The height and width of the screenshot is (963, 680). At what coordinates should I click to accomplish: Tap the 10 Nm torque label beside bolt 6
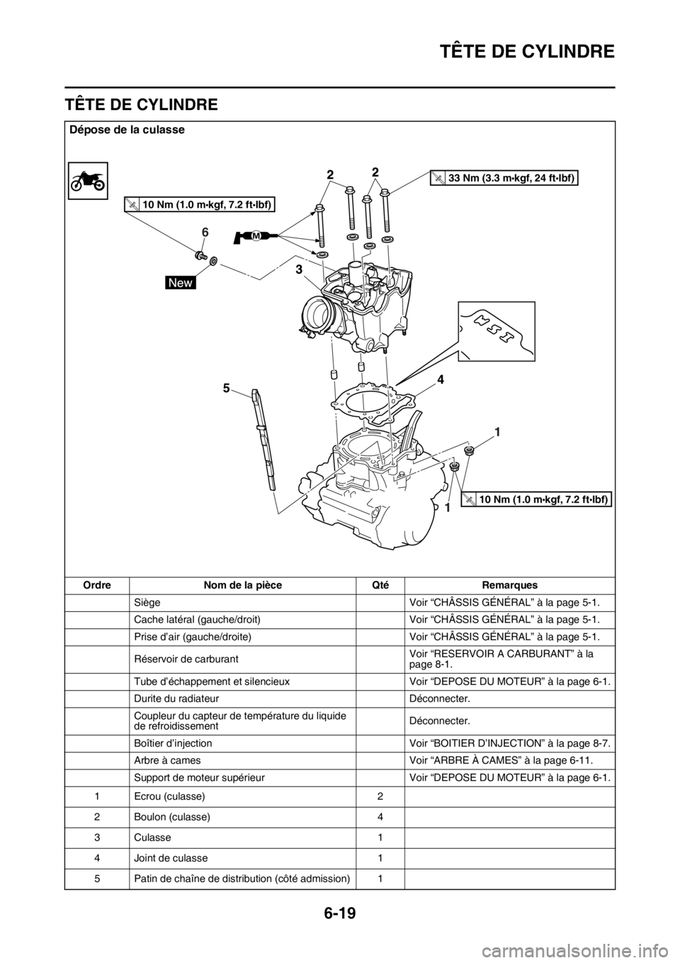coord(200,205)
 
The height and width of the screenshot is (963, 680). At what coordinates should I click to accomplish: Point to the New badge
coord(181,283)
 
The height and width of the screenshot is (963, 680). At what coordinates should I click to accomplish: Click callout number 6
coord(205,232)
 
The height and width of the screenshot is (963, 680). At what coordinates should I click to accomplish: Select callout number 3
coord(300,271)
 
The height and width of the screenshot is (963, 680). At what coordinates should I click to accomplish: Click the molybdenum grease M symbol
coord(256,234)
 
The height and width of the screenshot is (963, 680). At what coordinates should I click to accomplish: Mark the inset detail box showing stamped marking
coord(496,330)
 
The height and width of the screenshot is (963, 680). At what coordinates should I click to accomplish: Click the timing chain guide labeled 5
coord(263,440)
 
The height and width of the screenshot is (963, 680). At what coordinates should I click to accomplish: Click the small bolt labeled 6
coord(201,255)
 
